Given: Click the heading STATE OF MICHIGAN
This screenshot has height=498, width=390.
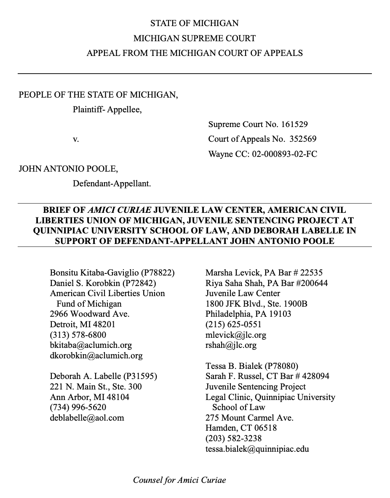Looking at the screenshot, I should (x=195, y=23).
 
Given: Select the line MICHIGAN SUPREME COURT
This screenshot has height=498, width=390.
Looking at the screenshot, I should (x=195, y=38).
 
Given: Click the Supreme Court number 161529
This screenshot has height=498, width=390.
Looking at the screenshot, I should (x=295, y=124).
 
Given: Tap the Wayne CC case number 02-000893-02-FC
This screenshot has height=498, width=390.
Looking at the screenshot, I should (x=284, y=154).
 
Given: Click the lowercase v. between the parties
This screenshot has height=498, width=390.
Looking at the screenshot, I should (x=76, y=139).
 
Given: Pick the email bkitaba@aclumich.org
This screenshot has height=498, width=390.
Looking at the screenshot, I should (x=91, y=345).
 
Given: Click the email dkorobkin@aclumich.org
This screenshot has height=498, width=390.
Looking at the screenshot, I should (x=96, y=355).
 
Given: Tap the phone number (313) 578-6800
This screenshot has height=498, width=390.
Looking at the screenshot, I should (x=78, y=335).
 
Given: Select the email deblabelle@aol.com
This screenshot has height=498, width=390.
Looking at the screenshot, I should (x=87, y=418).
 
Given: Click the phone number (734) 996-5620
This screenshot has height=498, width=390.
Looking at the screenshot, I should (x=78, y=407).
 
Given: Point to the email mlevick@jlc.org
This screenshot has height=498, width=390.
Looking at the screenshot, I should (x=236, y=335).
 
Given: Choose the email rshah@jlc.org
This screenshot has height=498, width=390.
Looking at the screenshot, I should (x=231, y=345).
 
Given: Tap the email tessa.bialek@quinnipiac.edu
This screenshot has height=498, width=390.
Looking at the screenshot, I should (x=257, y=449).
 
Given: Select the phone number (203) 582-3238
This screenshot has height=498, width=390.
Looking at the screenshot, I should (x=233, y=438).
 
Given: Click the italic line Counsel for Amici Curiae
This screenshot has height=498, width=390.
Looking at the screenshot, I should (x=179, y=479).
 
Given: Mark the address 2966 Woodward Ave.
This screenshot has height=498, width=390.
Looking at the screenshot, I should (x=89, y=314).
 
